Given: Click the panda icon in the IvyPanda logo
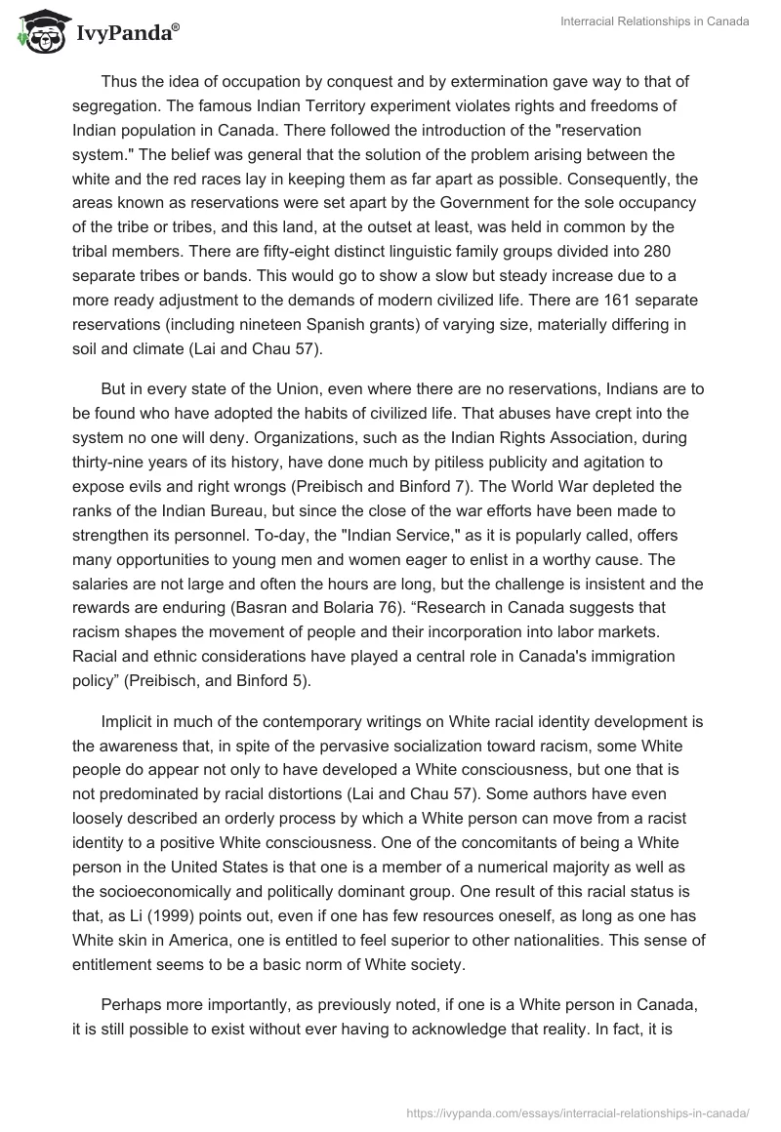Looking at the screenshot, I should (37, 32).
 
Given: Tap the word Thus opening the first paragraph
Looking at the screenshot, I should (119, 80).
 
